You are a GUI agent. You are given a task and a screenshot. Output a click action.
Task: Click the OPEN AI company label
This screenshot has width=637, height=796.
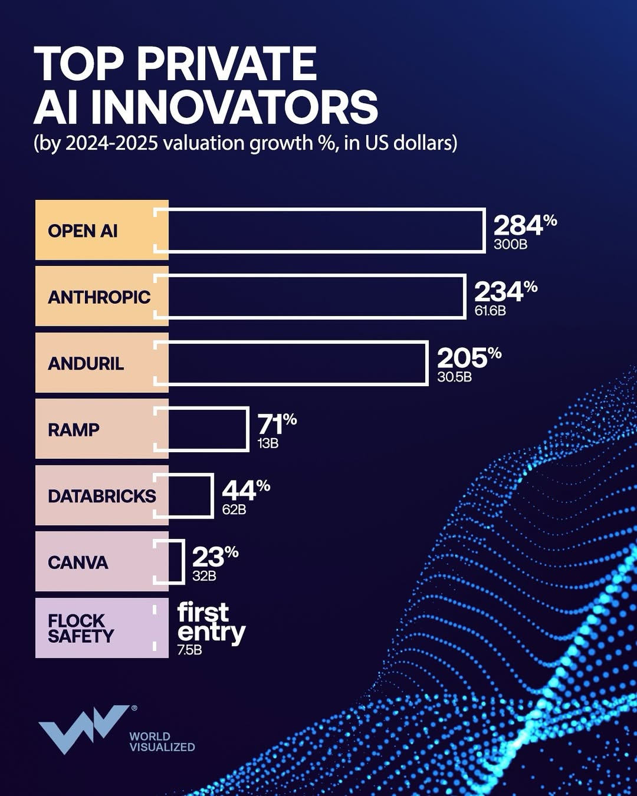click(x=83, y=231)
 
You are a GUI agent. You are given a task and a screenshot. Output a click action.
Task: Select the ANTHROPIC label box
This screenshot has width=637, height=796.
click(x=99, y=297)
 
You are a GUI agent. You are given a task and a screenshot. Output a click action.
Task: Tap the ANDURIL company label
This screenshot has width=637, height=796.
click(x=86, y=363)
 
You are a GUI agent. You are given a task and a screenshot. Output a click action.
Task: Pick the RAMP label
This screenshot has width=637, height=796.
click(x=74, y=429)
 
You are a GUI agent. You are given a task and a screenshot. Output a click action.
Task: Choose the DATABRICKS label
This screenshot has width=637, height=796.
click(x=101, y=496)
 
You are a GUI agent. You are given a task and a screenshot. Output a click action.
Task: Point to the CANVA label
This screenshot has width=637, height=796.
click(x=78, y=563)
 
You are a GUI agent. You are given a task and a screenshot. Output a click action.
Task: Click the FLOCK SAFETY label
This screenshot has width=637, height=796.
click(x=81, y=629)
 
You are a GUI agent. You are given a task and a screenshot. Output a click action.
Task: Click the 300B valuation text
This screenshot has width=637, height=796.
click(x=510, y=245)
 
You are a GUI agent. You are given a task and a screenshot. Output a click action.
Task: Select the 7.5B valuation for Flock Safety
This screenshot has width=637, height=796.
click(x=189, y=650)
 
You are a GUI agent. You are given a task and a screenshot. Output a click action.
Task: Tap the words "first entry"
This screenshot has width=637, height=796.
click(x=211, y=622)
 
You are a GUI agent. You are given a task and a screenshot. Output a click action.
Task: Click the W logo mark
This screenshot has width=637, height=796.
click(x=83, y=728)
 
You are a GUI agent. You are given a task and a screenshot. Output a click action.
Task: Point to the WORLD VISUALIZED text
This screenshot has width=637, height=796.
click(x=162, y=742)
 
